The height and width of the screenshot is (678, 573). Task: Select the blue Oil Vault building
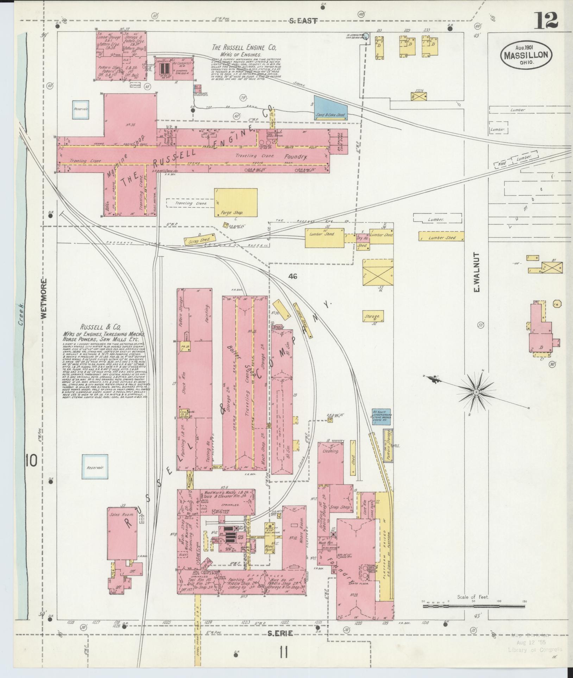[x=381, y=418]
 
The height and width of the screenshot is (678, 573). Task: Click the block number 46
[x=292, y=277]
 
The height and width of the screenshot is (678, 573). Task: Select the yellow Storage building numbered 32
[x=373, y=316]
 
